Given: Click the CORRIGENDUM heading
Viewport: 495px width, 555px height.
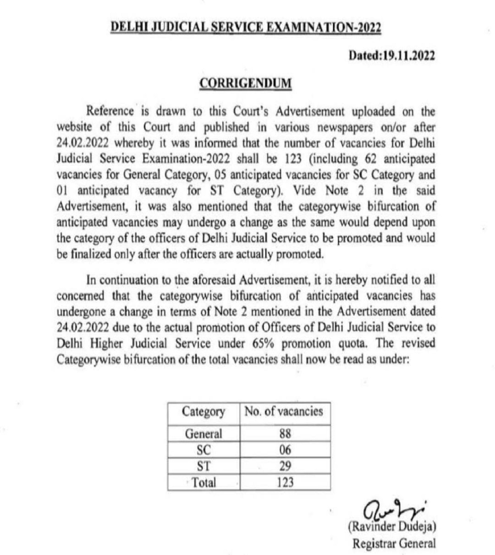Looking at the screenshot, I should pyautogui.click(x=245, y=83).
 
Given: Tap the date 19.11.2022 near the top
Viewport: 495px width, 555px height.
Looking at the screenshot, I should pyautogui.click(x=391, y=55).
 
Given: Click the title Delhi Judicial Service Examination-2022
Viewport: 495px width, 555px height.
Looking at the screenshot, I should pyautogui.click(x=246, y=27).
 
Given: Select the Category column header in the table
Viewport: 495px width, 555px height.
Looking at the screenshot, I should pyautogui.click(x=203, y=412).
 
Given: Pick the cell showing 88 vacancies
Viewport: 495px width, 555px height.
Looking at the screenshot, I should pyautogui.click(x=285, y=434).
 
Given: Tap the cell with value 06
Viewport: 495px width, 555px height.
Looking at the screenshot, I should pyautogui.click(x=285, y=450).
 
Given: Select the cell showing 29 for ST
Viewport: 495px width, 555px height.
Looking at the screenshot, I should pyautogui.click(x=285, y=466).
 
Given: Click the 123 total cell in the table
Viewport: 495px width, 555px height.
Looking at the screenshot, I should pyautogui.click(x=285, y=482).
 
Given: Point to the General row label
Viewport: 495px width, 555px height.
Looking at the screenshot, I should pyautogui.click(x=203, y=434).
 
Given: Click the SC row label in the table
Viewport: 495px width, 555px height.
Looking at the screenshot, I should pyautogui.click(x=204, y=450).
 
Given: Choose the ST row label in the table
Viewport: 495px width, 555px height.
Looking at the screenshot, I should pyautogui.click(x=204, y=466).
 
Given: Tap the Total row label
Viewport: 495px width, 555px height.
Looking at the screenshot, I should pyautogui.click(x=204, y=482).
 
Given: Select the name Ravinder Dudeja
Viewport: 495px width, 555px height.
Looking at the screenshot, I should pyautogui.click(x=392, y=527).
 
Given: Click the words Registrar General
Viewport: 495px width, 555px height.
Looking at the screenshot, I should pyautogui.click(x=394, y=543).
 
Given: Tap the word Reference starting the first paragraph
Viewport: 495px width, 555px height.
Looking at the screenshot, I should pyautogui.click(x=110, y=111).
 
